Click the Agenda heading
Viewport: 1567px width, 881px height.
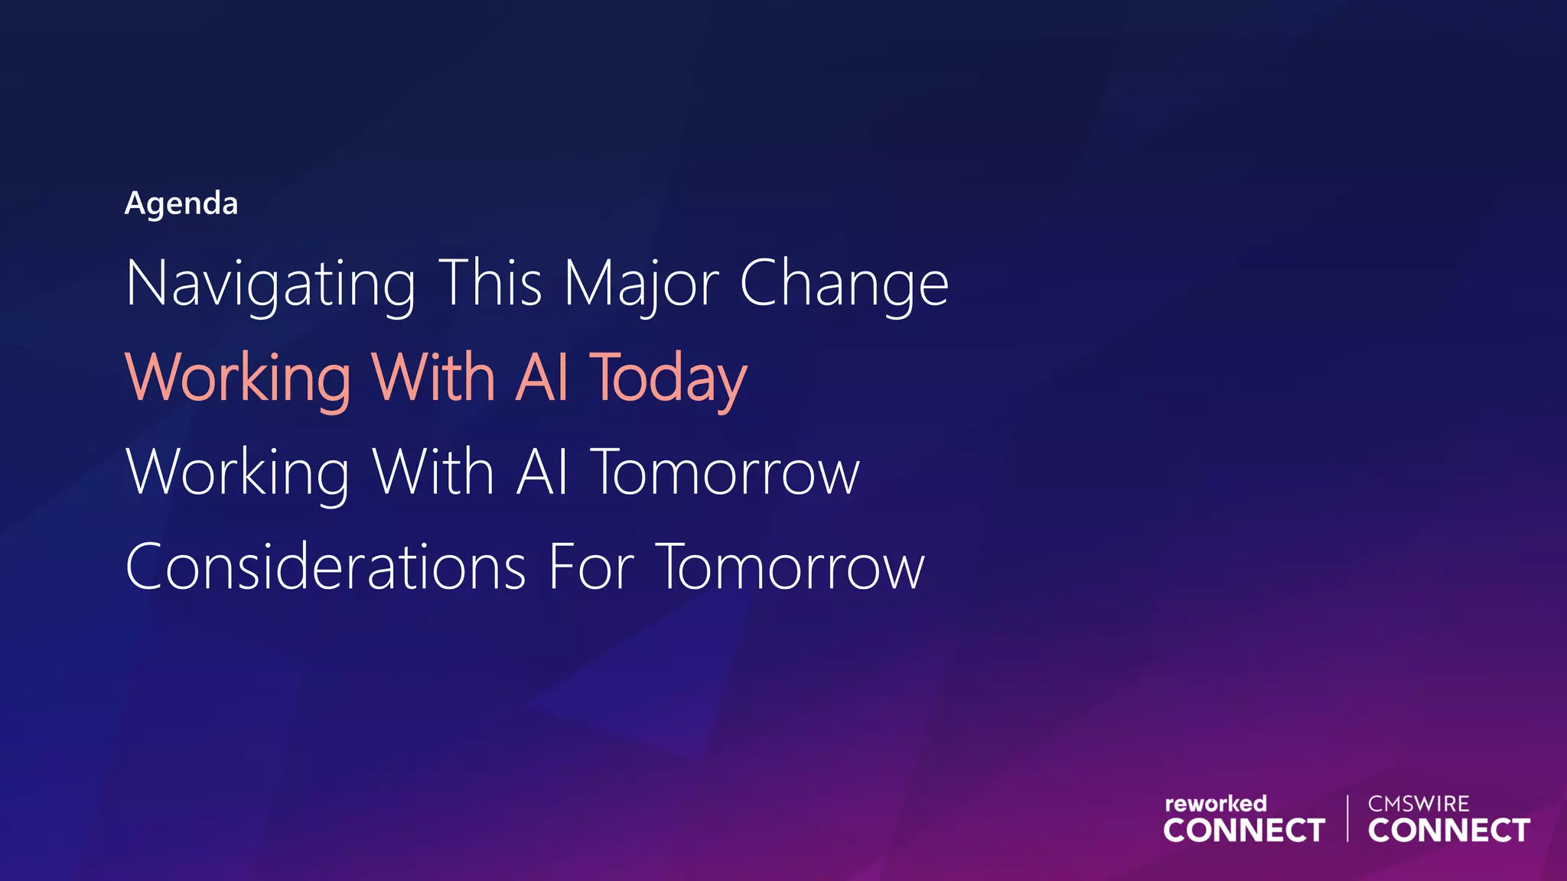(181, 203)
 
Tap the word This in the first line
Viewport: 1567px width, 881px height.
(490, 282)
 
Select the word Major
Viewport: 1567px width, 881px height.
(641, 284)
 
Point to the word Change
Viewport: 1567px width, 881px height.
(844, 284)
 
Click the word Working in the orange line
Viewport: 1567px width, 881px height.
(238, 378)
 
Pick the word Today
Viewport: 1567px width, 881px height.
(668, 378)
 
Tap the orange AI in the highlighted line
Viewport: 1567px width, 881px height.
(542, 376)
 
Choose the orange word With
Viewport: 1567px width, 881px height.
(433, 376)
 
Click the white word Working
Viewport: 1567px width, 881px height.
(238, 473)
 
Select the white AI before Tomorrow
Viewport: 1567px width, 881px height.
(542, 471)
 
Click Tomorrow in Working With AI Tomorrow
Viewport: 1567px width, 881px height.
(725, 473)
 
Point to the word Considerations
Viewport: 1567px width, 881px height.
(326, 567)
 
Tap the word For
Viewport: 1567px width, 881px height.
(591, 567)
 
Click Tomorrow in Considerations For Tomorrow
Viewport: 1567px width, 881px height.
(790, 567)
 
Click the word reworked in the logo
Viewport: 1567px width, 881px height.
(1215, 804)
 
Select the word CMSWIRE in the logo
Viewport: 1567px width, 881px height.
(1419, 804)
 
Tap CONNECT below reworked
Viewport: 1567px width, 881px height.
(1243, 831)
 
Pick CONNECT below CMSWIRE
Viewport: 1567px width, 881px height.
(1448, 831)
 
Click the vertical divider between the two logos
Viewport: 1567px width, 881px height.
(1347, 818)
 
